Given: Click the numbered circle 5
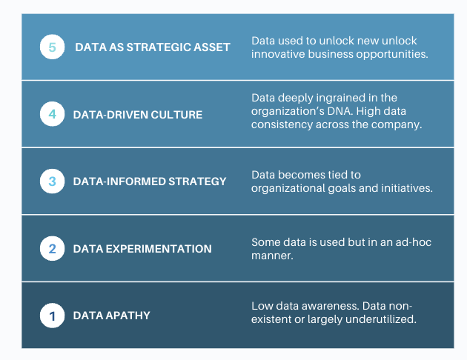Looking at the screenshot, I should pos(52,47).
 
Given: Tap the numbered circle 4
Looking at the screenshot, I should pos(52,114).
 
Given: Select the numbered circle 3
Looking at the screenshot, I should pos(52,181).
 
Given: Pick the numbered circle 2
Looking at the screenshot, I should pos(52,248).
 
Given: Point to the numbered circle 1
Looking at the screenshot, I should pos(52,316).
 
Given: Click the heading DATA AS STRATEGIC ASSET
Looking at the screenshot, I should pos(153,47).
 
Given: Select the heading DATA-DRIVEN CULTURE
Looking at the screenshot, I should pos(137,115).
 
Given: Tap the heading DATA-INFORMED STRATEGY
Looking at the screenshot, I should pos(150,181).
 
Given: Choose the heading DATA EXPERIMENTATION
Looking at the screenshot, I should pos(142,249).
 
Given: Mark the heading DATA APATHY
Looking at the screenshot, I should pos(111,316).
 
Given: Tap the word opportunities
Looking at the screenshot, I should pos(388,54).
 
